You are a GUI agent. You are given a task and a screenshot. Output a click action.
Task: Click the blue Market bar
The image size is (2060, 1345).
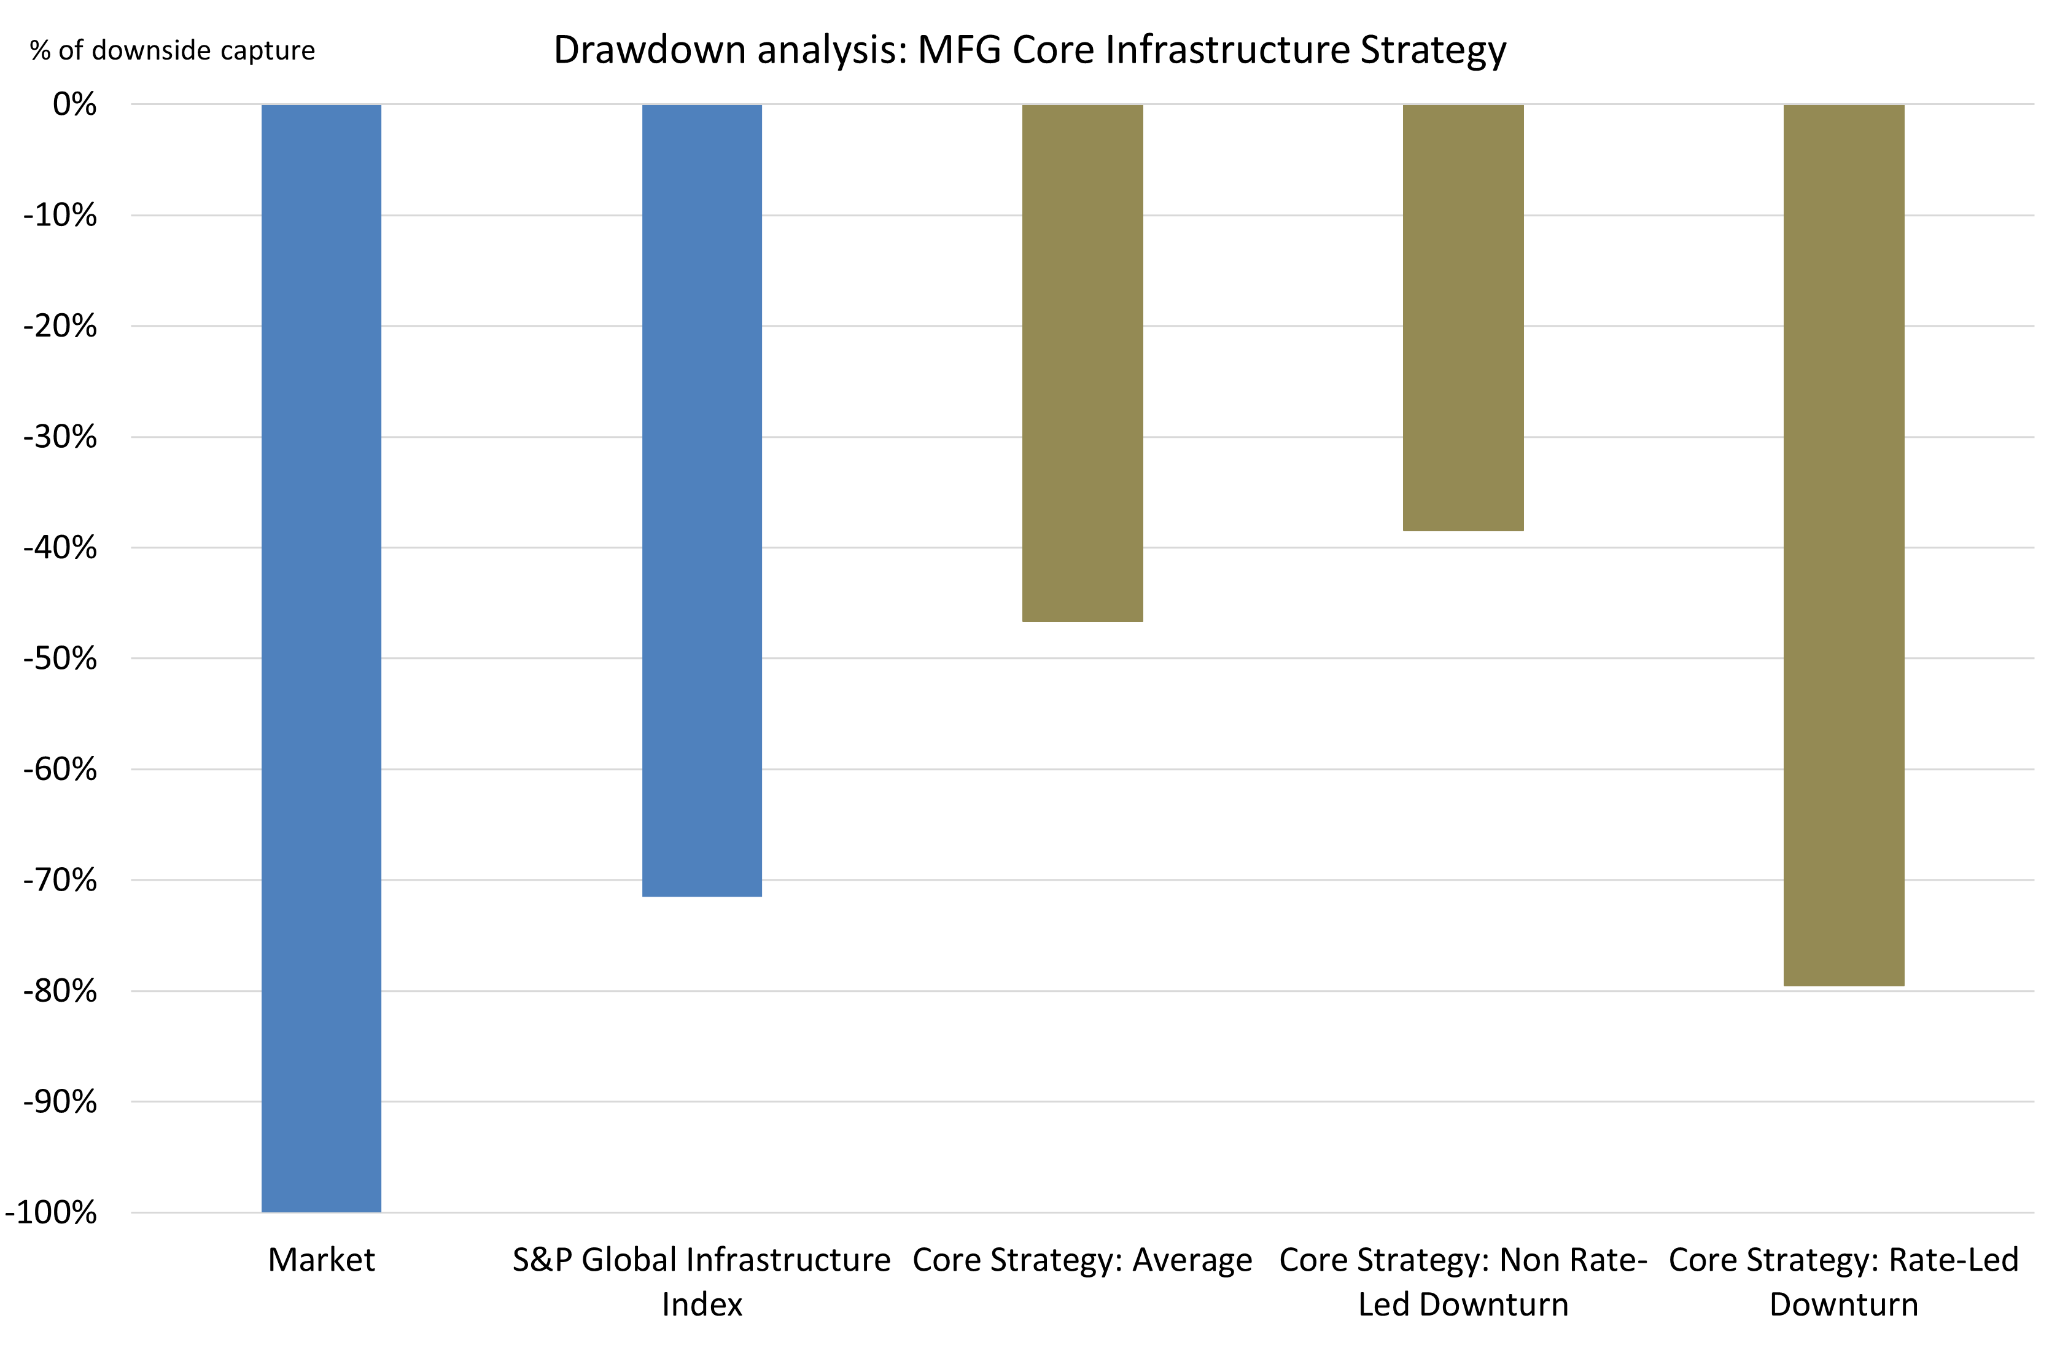321,658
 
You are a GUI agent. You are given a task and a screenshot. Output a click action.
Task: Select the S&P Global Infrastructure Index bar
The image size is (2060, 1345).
702,501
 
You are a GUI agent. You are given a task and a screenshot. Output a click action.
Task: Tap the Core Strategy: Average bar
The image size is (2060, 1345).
1082,364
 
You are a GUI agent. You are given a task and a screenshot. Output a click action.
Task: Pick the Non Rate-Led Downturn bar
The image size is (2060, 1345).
1463,318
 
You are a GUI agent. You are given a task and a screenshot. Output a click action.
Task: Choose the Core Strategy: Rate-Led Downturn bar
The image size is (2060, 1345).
1844,545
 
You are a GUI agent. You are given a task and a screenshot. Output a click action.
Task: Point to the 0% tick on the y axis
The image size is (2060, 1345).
74,105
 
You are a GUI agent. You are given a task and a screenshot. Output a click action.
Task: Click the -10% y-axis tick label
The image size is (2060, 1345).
61,216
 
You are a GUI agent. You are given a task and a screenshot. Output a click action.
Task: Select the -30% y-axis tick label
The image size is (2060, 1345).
61,437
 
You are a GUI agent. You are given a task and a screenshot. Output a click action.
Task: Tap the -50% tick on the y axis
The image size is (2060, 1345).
61,658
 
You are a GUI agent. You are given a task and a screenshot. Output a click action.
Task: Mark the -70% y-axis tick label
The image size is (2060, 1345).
61,880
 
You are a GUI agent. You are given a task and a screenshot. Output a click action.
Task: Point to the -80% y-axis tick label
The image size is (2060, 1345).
61,991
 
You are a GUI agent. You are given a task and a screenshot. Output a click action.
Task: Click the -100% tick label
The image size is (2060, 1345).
52,1212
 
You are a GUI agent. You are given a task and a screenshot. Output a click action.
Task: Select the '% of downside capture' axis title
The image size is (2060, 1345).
173,50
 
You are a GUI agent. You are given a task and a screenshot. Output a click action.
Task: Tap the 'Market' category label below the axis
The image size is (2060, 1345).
321,1260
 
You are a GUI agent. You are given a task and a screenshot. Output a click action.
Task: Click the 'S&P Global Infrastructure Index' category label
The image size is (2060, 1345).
701,1282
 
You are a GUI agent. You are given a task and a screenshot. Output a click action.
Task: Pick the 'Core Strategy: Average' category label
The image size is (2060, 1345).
1082,1260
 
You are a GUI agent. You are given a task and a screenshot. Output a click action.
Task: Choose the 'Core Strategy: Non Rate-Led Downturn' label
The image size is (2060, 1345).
1463,1282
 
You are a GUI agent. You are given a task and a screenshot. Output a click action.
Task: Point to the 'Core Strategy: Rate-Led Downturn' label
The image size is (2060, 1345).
1844,1282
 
